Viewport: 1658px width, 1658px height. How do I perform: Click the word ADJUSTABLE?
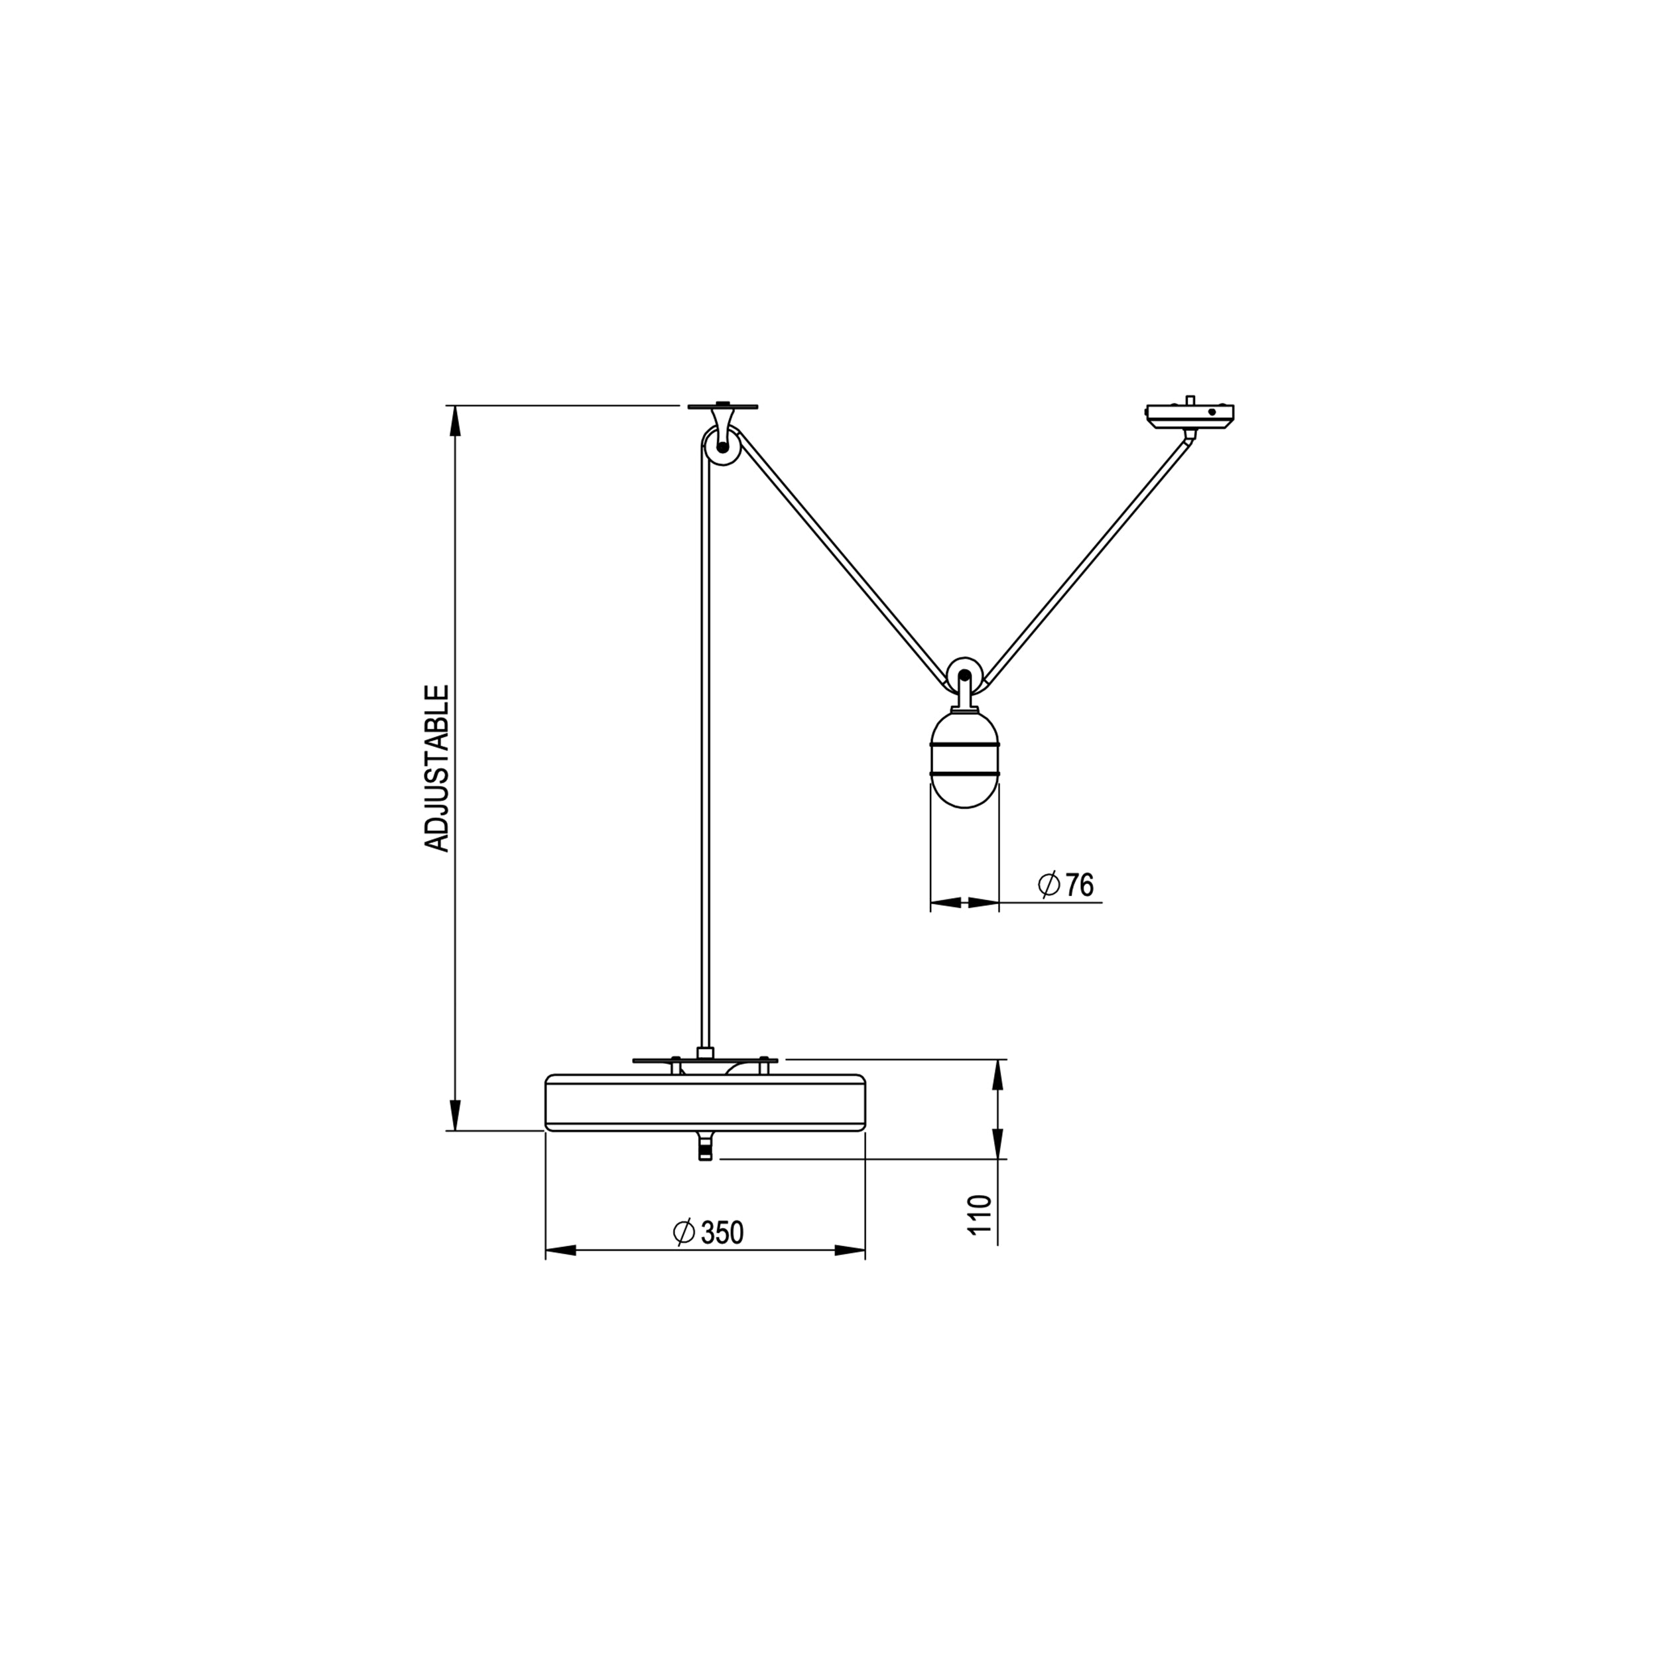click(438, 768)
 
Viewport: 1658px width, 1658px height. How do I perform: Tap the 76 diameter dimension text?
click(1080, 885)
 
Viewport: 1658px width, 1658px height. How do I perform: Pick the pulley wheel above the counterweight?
click(964, 674)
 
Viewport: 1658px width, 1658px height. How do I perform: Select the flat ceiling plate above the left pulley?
click(723, 406)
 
